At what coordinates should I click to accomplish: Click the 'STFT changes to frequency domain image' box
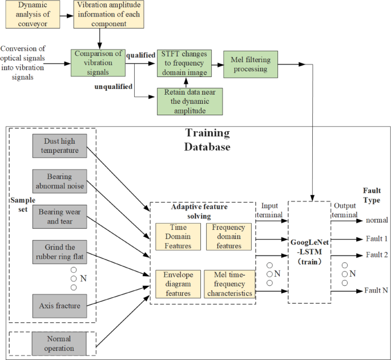(184, 62)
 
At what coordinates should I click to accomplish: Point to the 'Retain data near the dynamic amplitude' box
(189, 101)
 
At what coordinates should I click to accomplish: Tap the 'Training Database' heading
(207, 140)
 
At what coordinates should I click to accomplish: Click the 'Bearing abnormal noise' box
(59, 180)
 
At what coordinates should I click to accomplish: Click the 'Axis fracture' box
(59, 306)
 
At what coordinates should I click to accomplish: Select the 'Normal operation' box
(59, 343)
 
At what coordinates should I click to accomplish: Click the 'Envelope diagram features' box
(178, 284)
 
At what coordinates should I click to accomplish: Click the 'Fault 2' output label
(376, 255)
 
